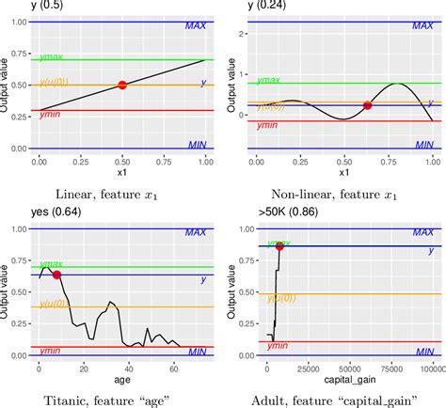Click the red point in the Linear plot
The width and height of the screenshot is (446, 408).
coord(122,86)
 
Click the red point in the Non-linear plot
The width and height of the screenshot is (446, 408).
coord(367,105)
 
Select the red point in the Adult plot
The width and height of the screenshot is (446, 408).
coord(279,245)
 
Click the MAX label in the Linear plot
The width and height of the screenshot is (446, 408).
coord(195,28)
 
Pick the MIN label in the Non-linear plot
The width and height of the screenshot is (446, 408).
coord(424,146)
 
